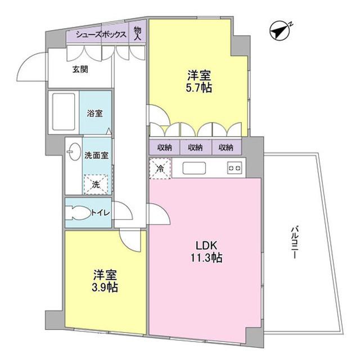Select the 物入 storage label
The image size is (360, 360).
coord(138,33)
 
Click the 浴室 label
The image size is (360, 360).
coord(95,113)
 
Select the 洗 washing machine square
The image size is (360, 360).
coord(95,183)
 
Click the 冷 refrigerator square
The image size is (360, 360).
coord(160,168)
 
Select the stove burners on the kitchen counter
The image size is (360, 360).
coord(235,168)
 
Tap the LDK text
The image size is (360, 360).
coord(206,245)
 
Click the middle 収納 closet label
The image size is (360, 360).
coord(195,147)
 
